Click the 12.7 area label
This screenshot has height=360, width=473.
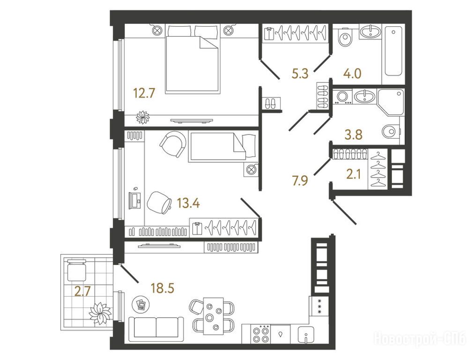point(144,93)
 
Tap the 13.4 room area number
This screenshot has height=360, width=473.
point(188,203)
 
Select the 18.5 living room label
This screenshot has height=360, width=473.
point(163,288)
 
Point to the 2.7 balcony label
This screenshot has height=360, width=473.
point(82,292)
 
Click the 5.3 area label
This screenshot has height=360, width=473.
point(300,74)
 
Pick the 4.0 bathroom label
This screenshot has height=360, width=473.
point(352,74)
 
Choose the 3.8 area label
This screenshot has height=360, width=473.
point(354,135)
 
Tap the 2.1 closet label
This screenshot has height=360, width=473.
point(353,174)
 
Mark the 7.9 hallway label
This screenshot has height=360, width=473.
point(299,181)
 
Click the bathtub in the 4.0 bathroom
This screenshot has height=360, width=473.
point(393,51)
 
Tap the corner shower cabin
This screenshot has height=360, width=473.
point(391,102)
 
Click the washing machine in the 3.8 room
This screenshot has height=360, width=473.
point(342,97)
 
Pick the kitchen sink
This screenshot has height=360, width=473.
point(306,335)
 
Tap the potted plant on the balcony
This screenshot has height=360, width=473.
point(99,314)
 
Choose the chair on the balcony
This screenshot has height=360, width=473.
point(77,270)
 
